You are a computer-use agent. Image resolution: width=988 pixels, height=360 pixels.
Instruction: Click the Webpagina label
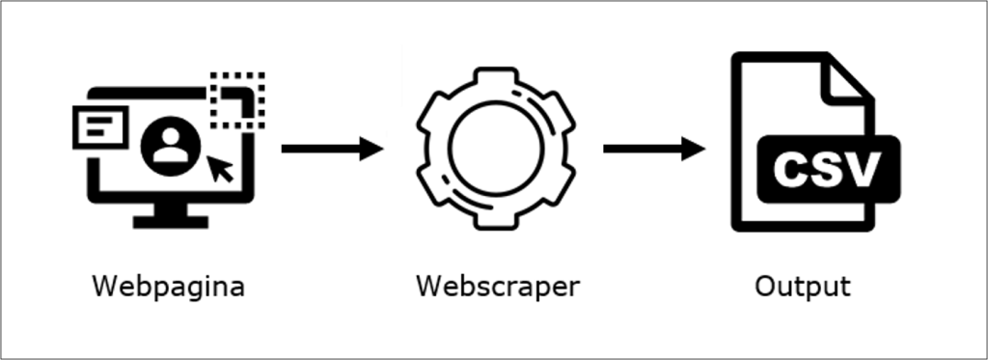pos(168,287)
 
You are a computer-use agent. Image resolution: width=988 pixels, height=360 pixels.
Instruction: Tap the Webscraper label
pos(498,287)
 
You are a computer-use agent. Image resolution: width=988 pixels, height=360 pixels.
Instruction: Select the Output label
pos(803,287)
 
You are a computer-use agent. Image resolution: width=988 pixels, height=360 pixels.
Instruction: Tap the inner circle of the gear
pos(495,147)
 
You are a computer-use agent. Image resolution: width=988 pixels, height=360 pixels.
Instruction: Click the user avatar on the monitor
pos(171,146)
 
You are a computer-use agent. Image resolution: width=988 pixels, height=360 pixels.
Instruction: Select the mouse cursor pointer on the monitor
pos(222,168)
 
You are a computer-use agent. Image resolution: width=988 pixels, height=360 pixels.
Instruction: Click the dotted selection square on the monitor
pos(238,99)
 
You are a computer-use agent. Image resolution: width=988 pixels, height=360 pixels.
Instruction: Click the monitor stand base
pos(171,221)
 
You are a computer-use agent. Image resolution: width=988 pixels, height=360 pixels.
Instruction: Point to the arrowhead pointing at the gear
pos(371,149)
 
